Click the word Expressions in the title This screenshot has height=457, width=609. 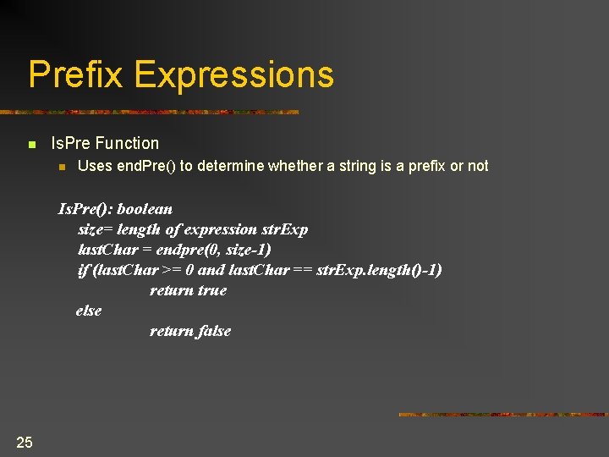pyautogui.click(x=234, y=74)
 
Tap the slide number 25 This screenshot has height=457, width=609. pyautogui.click(x=25, y=442)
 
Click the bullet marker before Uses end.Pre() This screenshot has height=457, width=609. pyautogui.click(x=61, y=167)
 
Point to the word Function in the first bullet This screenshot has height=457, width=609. pyautogui.click(x=128, y=144)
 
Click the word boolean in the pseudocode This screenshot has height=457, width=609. pyautogui.click(x=145, y=209)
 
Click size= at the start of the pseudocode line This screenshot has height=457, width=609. pyautogui.click(x=96, y=229)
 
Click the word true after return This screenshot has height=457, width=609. pyautogui.click(x=212, y=290)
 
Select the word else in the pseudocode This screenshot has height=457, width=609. pyautogui.click(x=89, y=311)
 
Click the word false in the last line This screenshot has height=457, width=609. pyautogui.click(x=214, y=331)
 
